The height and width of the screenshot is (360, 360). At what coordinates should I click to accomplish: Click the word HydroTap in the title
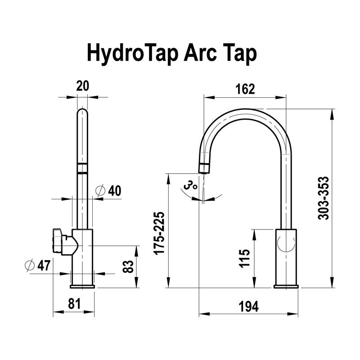point(133,54)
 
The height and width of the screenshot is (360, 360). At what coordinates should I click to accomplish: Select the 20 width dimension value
point(83,86)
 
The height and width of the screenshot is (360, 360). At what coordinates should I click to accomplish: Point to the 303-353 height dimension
point(323,198)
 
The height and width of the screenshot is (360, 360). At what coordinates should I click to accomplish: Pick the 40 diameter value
point(114,191)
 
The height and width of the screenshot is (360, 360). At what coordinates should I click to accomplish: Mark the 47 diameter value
point(44,265)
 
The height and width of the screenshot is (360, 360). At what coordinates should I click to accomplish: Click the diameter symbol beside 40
point(101,191)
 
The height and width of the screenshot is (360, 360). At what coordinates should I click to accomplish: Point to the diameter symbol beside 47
point(30,265)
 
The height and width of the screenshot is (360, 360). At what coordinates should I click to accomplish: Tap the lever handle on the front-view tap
point(63,242)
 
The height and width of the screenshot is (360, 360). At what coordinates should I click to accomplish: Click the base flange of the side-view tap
point(286,285)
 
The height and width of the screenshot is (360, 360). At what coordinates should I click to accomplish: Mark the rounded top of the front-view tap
point(83,112)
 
